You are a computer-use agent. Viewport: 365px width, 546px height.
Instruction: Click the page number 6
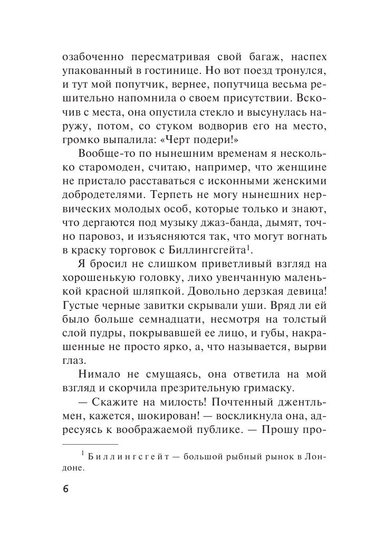point(65,489)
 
